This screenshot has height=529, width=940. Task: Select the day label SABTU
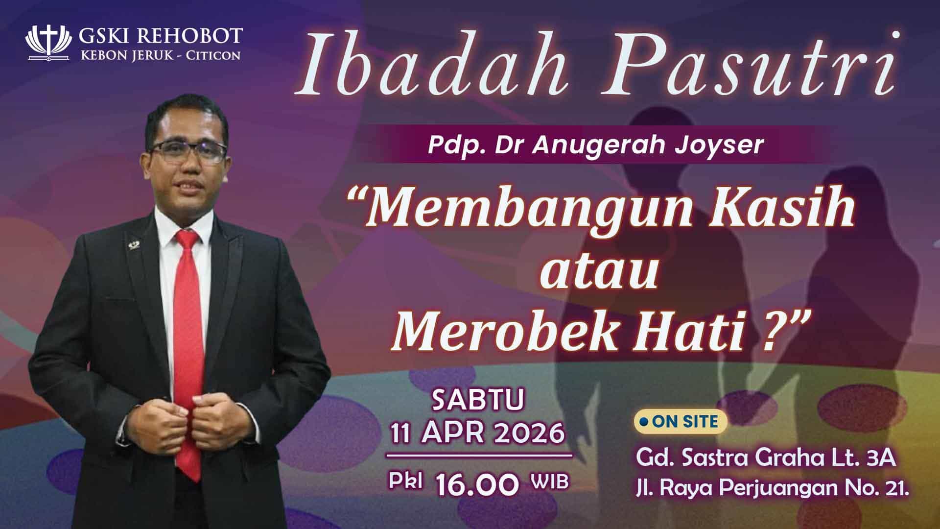(479, 399)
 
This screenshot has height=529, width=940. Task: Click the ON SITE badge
(680, 422)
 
